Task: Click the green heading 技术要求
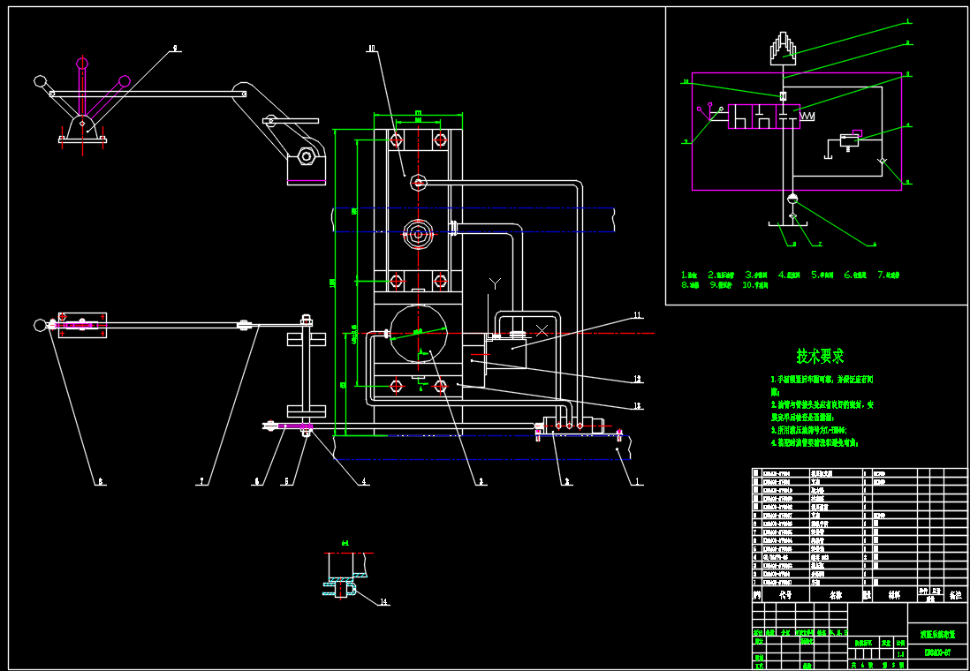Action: (x=820, y=356)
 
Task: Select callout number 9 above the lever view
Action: (x=176, y=49)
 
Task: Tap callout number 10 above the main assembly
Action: (x=371, y=49)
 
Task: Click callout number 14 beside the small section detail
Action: (x=383, y=602)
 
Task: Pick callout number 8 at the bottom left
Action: (x=101, y=481)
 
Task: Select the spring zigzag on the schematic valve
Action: (x=807, y=116)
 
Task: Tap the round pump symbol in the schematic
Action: (x=792, y=199)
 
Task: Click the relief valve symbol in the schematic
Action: (x=849, y=139)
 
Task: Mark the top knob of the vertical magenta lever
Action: (x=82, y=63)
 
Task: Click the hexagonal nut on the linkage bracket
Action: (x=307, y=157)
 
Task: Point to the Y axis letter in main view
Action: (x=496, y=283)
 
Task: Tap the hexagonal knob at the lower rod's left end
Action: (x=268, y=426)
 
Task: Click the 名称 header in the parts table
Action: (x=836, y=596)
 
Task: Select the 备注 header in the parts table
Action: (x=955, y=596)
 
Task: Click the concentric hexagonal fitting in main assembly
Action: (x=417, y=234)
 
